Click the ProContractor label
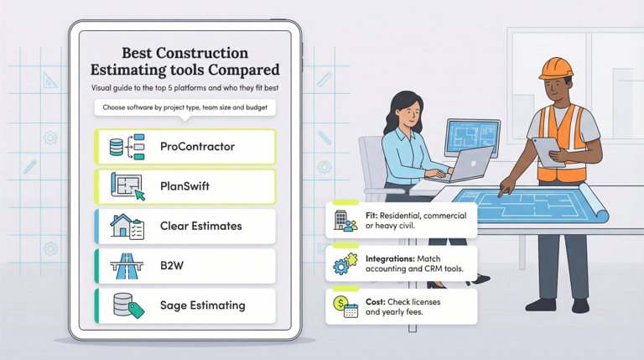(x=197, y=147)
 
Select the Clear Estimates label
(x=200, y=227)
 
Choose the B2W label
(x=172, y=266)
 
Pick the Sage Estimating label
(x=202, y=305)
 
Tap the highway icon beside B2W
(x=127, y=266)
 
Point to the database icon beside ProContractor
(x=117, y=148)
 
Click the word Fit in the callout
(x=371, y=215)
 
